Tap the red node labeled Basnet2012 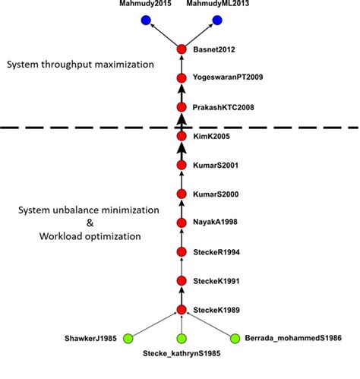point(182,49)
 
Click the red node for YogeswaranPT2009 point(182,78)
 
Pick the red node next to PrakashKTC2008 point(182,107)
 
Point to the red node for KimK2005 point(182,136)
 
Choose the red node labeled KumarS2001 point(182,165)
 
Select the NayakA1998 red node point(182,223)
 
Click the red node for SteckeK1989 point(182,309)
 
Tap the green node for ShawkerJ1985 point(128,338)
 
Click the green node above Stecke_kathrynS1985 point(182,338)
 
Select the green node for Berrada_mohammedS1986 point(235,338)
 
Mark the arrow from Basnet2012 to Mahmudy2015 point(163,35)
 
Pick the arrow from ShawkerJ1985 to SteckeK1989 point(155,324)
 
